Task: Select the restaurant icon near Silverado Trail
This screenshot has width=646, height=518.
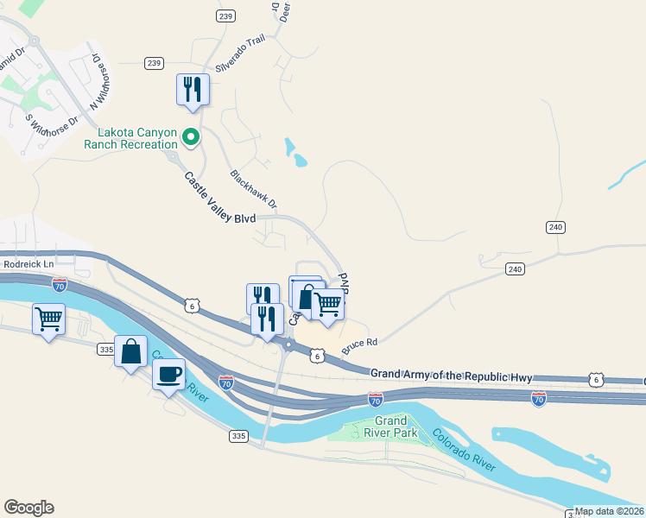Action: coord(193,90)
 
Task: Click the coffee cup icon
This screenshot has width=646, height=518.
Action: coord(168,375)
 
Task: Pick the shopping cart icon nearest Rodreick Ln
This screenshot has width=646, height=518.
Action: coord(49,319)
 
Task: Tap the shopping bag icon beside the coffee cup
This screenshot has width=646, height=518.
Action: coord(130,352)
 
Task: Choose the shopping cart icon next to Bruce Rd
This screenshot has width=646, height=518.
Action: coord(328,305)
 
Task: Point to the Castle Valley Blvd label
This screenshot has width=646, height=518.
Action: coord(220,198)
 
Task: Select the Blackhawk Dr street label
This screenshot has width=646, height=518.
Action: coord(253,188)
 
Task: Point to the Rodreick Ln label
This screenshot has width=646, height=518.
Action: coord(29,264)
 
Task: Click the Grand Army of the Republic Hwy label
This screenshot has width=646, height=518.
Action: coord(453,376)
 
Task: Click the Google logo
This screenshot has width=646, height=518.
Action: coord(28,508)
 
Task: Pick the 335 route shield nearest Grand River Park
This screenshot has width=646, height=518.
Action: coord(239,437)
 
